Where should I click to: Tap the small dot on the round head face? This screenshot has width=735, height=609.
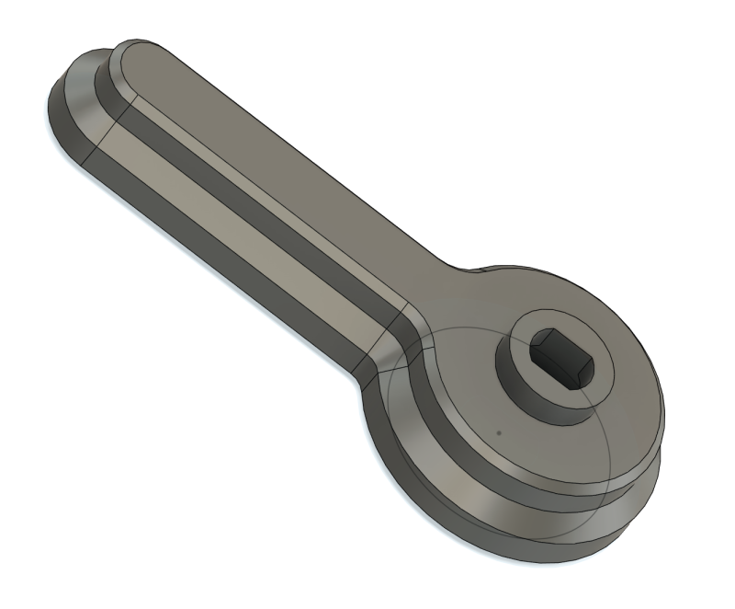pos(498,430)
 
